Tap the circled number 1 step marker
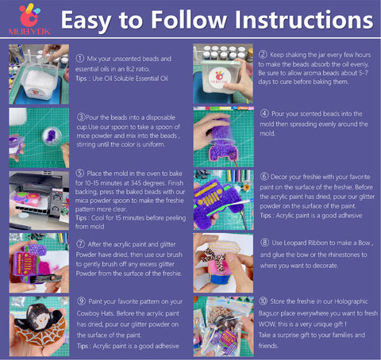click(79, 59)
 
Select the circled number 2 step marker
click(263, 55)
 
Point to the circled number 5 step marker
click(79, 174)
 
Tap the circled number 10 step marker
click(264, 303)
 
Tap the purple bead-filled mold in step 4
click(223, 135)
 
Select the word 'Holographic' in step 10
click(350, 303)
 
